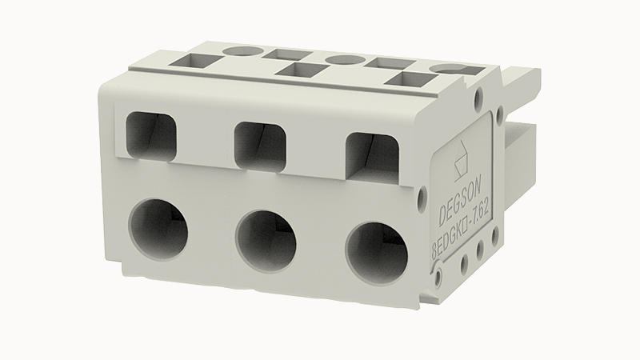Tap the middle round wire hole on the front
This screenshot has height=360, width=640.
click(266, 239)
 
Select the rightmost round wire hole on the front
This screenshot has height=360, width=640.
click(377, 250)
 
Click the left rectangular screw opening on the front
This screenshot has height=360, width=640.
click(151, 136)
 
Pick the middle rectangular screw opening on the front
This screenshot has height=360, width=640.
click(260, 146)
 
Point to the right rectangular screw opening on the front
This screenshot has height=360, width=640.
click(372, 156)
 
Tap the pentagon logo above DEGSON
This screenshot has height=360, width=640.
click(462, 161)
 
